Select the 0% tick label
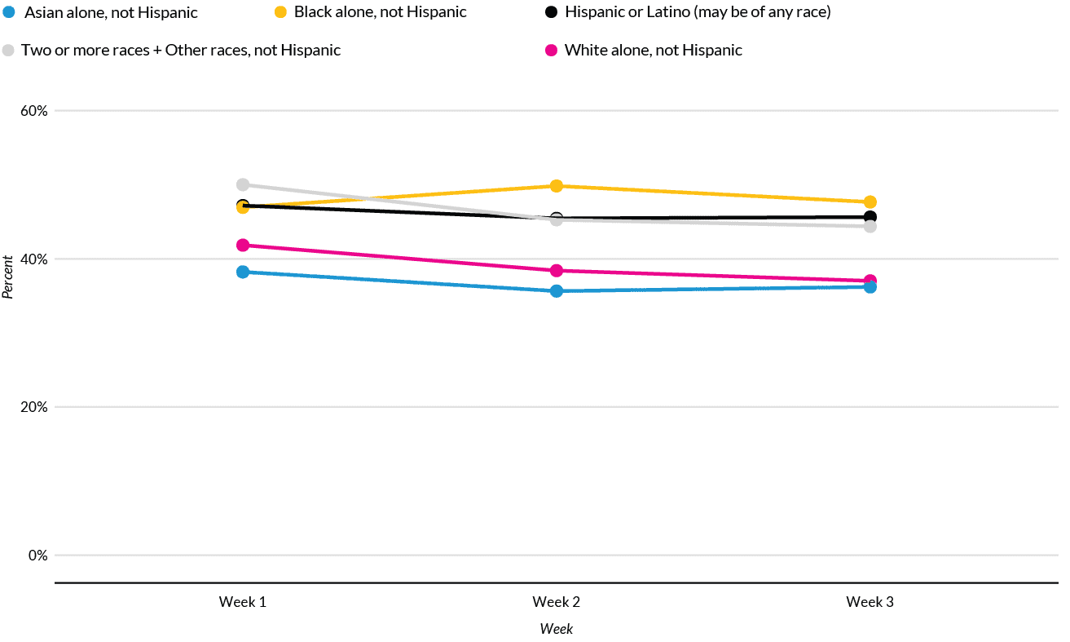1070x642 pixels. coord(39,556)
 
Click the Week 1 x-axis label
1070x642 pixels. coord(243,602)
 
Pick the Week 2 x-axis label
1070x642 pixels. coord(557,602)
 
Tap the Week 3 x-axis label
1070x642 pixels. coord(870,602)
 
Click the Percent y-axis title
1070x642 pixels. coord(8,277)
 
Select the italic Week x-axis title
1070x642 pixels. coord(557,629)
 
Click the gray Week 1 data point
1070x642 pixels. coord(243,184)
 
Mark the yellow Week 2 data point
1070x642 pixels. coord(557,186)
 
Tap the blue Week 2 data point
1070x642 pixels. coord(557,291)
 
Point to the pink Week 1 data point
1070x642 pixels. coord(243,245)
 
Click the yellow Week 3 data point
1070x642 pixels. coord(870,201)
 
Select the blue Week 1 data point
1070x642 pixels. coord(243,272)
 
